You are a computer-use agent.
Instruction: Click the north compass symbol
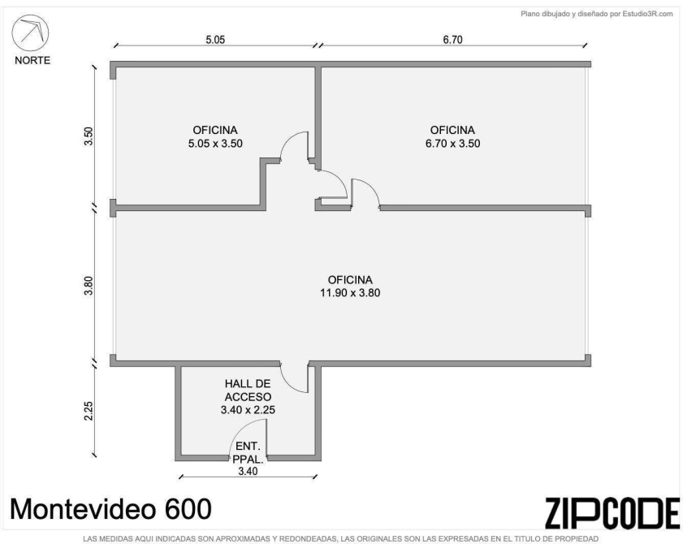click(x=30, y=33)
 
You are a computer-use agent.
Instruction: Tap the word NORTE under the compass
click(x=32, y=61)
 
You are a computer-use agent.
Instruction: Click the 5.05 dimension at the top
click(x=215, y=40)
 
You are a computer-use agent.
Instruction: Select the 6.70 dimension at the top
click(x=452, y=40)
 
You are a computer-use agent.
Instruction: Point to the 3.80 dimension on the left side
click(x=89, y=286)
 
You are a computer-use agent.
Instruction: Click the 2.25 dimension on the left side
click(x=89, y=411)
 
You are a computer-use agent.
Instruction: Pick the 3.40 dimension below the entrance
click(x=248, y=471)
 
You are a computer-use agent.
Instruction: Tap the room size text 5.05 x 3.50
click(x=215, y=143)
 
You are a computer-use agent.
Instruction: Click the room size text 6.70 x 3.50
click(x=452, y=143)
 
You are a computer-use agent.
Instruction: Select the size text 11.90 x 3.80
click(x=350, y=292)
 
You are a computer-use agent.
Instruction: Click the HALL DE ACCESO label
click(x=248, y=391)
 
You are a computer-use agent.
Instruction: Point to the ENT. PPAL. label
click(x=248, y=452)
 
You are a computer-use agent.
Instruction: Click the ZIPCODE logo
click(x=612, y=513)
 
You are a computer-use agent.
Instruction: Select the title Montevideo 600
click(x=110, y=509)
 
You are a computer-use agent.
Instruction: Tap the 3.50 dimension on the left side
click(x=89, y=136)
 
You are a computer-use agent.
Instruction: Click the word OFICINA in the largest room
click(x=350, y=279)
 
